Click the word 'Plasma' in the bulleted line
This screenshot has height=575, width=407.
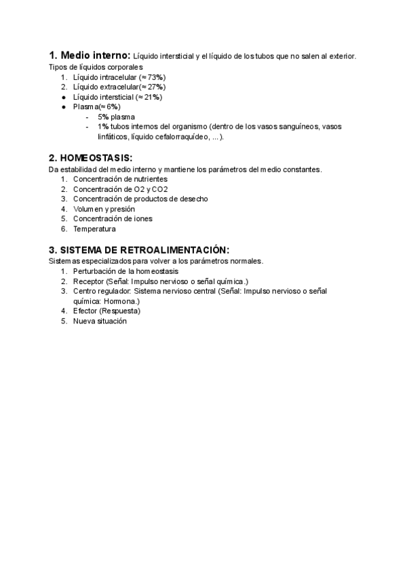point(85,106)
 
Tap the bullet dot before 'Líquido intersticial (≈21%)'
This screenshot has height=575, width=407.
point(63,97)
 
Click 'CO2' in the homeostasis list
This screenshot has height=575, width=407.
point(160,189)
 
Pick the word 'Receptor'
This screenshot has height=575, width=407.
point(88,281)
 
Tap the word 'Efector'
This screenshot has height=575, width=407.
point(85,311)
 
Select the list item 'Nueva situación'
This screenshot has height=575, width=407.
point(100,321)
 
